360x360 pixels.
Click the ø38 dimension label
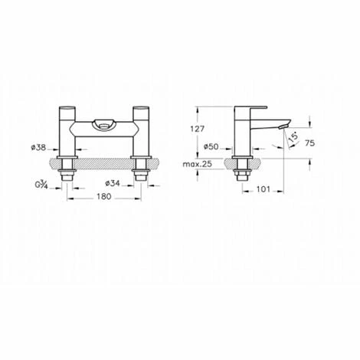tap(39, 147)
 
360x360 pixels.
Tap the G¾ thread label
tap(41, 185)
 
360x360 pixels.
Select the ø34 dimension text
tap(113, 183)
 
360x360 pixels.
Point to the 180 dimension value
tap(104, 196)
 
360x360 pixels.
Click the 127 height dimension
tap(198, 129)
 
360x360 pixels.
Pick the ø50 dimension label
tap(211, 146)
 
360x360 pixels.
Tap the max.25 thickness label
tap(198, 164)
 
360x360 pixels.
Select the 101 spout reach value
tap(263, 189)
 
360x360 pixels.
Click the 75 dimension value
tap(309, 143)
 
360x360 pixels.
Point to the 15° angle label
tap(293, 137)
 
